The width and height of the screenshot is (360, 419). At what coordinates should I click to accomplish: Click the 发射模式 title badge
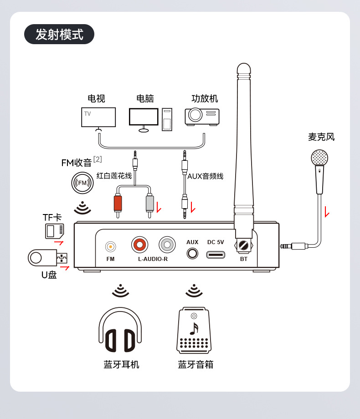click(x=59, y=34)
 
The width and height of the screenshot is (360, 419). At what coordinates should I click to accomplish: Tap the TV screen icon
click(x=98, y=117)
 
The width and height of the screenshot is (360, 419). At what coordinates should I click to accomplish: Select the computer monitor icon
click(x=144, y=117)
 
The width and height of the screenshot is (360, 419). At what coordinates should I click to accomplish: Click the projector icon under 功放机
click(x=202, y=116)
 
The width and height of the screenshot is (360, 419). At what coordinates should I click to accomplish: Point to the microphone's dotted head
click(x=319, y=158)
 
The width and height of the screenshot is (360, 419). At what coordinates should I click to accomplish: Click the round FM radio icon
click(x=82, y=183)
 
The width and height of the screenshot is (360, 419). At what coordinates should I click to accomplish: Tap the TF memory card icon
click(x=54, y=231)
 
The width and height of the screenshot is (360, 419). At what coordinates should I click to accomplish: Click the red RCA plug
click(x=118, y=203)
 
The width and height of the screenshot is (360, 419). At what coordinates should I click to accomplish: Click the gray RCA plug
click(x=150, y=203)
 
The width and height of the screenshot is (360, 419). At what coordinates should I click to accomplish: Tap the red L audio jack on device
click(x=140, y=245)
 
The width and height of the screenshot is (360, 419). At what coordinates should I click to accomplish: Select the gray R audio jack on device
click(x=167, y=245)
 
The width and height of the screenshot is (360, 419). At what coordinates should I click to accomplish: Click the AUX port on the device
click(x=192, y=254)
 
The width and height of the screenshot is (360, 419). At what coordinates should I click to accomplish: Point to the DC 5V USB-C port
click(x=216, y=255)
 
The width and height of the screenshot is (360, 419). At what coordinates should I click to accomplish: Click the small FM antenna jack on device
click(x=110, y=247)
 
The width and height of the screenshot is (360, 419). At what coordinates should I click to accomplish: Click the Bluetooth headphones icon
click(x=120, y=330)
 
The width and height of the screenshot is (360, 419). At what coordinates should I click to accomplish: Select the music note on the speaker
click(x=194, y=329)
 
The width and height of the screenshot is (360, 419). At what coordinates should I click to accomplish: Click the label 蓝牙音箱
click(x=195, y=364)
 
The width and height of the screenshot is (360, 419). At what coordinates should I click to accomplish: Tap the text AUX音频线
click(x=205, y=176)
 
